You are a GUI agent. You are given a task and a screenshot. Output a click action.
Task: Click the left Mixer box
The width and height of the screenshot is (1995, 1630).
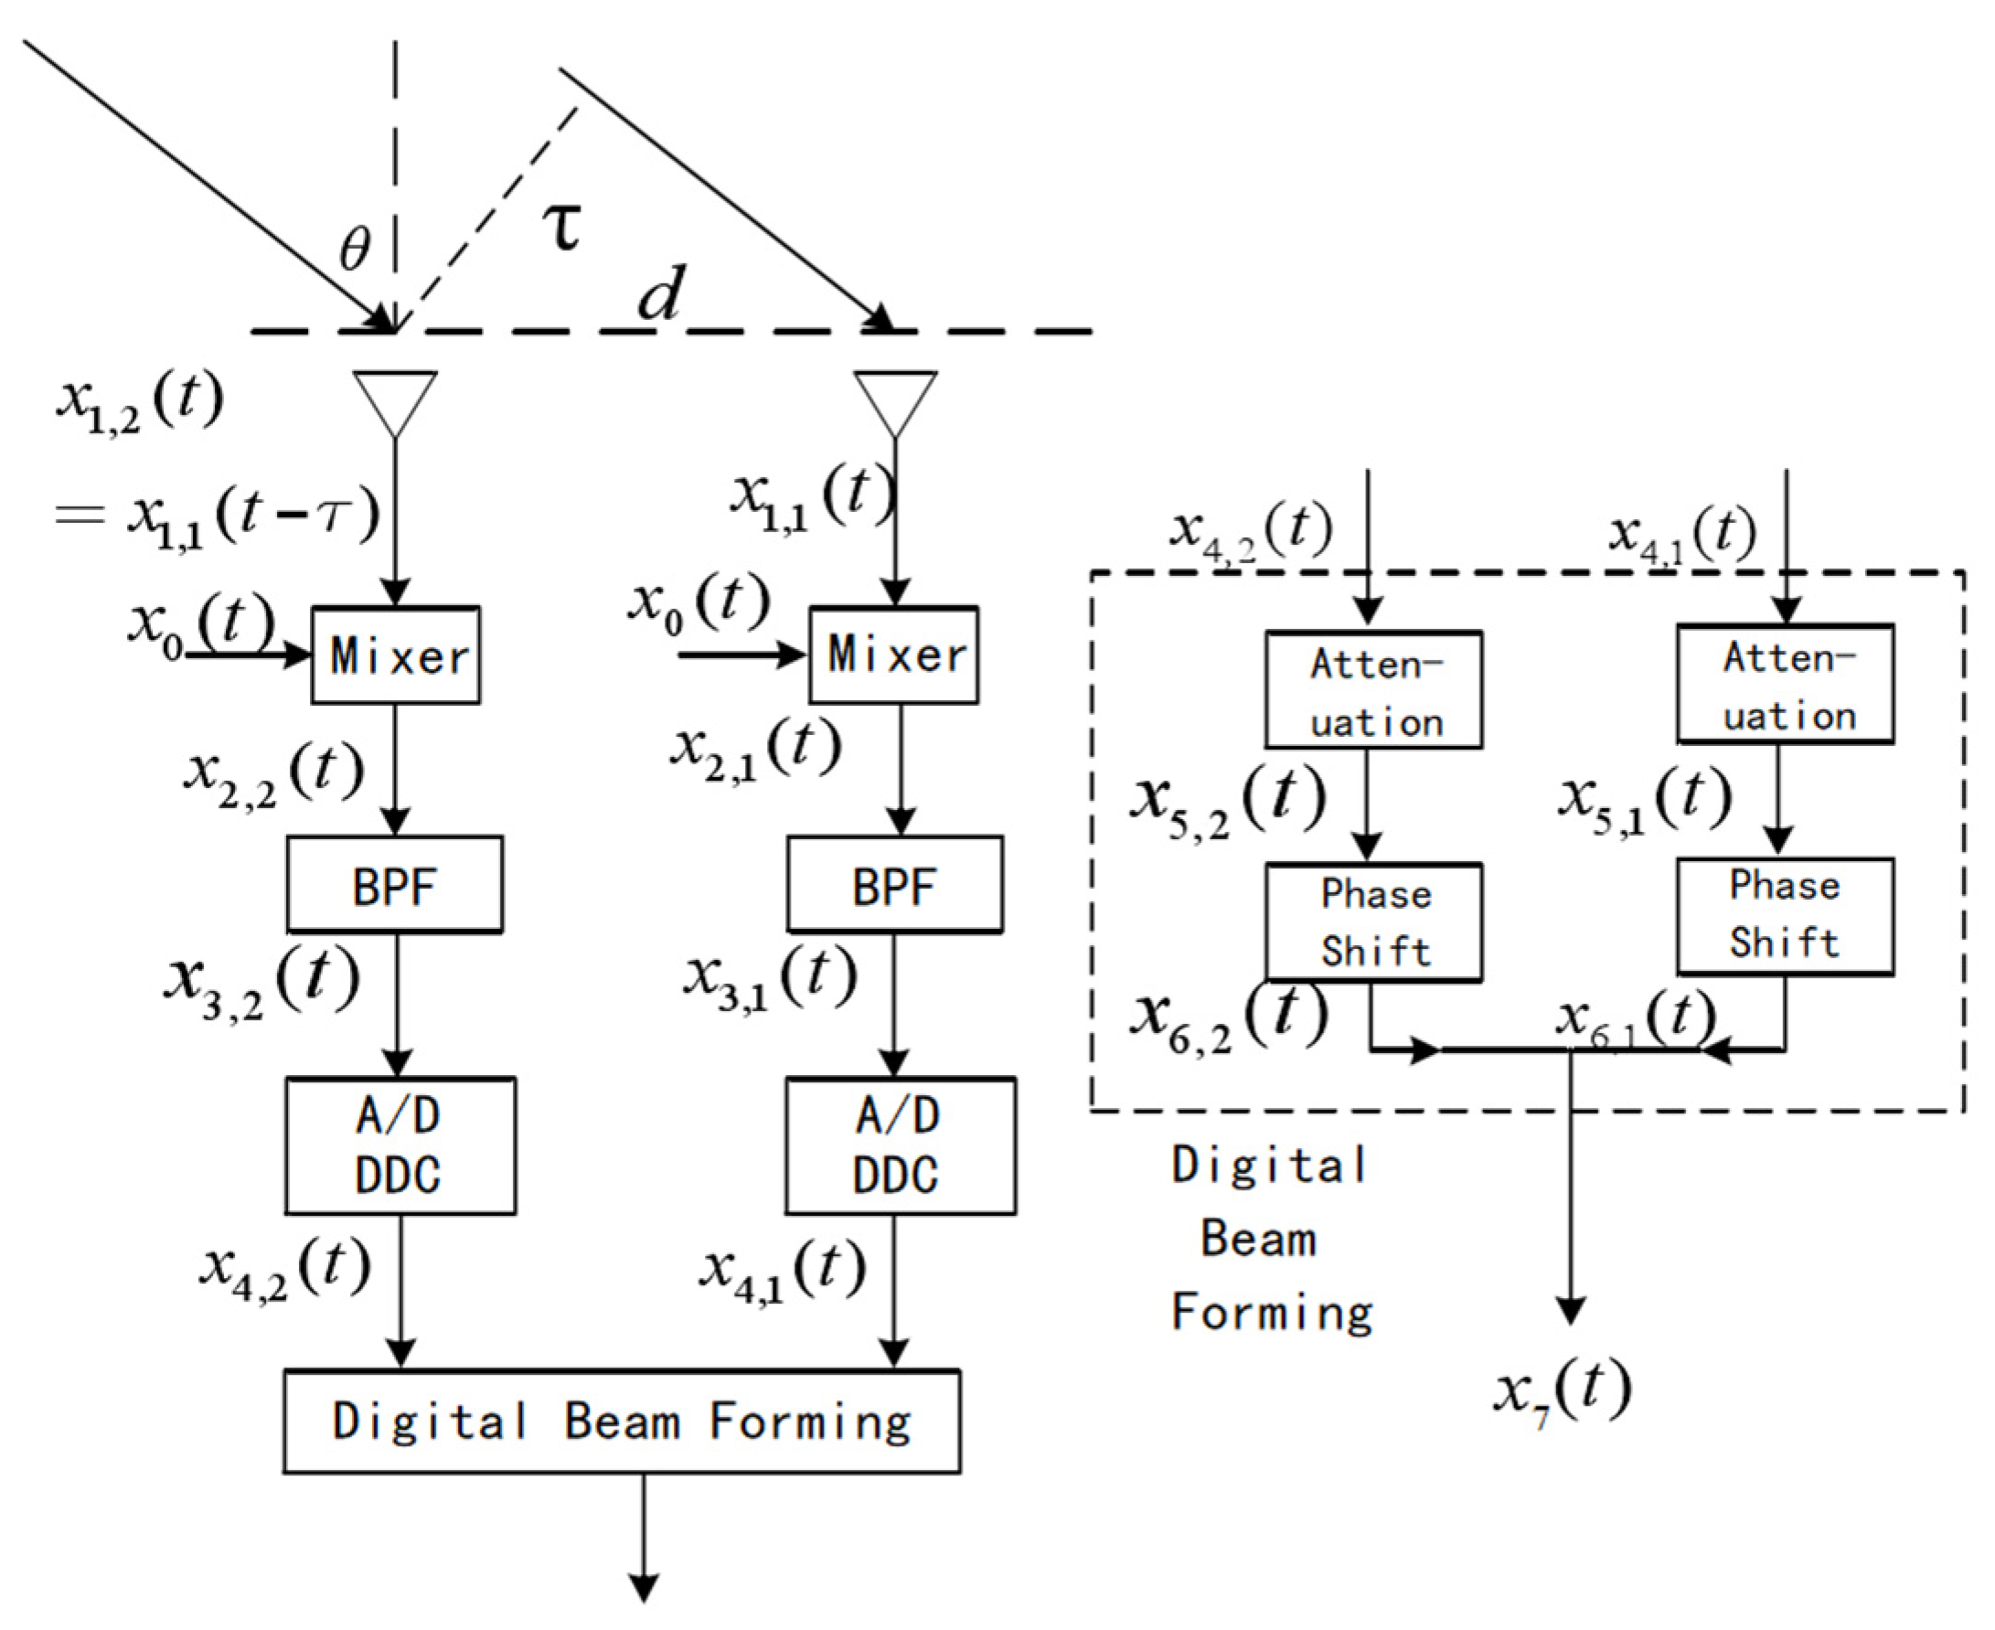(x=395, y=655)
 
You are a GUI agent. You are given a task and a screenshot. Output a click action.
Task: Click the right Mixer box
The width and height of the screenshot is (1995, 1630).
(x=894, y=655)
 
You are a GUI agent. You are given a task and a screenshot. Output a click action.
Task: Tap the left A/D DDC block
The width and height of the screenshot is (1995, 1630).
(x=400, y=1145)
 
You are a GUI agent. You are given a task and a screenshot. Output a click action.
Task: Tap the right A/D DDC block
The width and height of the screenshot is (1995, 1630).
(x=900, y=1145)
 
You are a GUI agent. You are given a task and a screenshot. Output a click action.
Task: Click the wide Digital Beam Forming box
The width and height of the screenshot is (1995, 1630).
(x=622, y=1422)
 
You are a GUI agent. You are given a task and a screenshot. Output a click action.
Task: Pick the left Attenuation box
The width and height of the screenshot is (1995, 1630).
(x=1373, y=690)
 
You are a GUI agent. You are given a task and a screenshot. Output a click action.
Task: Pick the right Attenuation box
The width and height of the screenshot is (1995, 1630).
(x=1785, y=685)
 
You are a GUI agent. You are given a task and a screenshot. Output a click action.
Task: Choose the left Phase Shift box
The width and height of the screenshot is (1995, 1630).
(x=1373, y=923)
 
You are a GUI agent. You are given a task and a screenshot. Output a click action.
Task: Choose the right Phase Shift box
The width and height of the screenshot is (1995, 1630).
(x=1785, y=916)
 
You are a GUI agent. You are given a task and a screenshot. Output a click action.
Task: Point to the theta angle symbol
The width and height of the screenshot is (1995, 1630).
(x=355, y=250)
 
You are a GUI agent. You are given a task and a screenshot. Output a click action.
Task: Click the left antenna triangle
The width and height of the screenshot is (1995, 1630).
(x=394, y=402)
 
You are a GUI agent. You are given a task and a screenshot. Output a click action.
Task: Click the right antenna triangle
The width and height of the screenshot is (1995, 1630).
(x=895, y=402)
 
